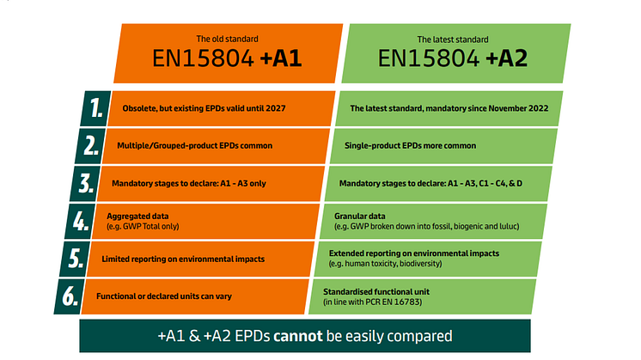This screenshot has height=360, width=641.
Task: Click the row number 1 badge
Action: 95,108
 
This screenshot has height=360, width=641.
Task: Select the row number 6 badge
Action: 69,296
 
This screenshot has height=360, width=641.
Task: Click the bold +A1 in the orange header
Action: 281,58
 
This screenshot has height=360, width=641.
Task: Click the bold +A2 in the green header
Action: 506,58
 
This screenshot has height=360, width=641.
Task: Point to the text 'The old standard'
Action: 228,40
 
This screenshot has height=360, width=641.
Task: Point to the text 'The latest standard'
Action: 453,40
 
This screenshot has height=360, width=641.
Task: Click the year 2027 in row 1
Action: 276,108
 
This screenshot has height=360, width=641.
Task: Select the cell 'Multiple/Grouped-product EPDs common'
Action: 215,146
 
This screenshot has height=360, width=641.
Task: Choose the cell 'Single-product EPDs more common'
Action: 443,146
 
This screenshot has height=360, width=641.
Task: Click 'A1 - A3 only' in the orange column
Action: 243,184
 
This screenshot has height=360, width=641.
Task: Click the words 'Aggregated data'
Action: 137,217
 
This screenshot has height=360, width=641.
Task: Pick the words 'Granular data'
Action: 360,217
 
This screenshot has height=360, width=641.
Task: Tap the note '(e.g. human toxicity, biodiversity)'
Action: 386,264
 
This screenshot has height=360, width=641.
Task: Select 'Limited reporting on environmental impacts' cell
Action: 200,259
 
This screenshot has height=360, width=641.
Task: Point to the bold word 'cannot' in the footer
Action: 298,336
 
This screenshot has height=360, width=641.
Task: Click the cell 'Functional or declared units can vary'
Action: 195,296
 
